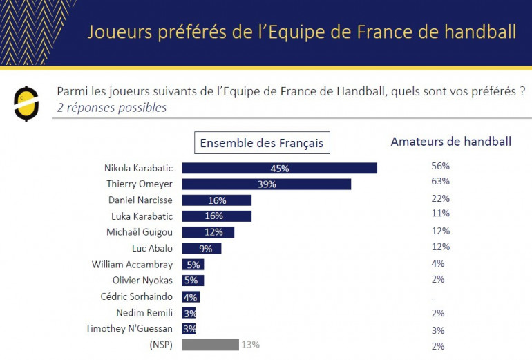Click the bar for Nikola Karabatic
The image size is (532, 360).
279,168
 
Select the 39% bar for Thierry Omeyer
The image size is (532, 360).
267,184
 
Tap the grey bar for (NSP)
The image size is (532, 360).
211,345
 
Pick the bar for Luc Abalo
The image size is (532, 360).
202,248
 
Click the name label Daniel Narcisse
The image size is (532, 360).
141,200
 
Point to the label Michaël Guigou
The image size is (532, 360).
140,232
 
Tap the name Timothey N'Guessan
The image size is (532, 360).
129,329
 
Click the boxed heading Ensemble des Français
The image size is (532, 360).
261,143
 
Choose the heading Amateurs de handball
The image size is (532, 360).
450,142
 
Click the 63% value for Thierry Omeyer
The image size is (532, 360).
440,182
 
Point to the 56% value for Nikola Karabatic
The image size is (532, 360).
440,166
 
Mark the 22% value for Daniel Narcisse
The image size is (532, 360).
440,198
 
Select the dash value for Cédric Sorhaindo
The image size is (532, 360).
432,298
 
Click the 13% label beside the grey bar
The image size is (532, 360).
250,345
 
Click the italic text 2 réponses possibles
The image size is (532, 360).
111,108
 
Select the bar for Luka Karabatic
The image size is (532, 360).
217,216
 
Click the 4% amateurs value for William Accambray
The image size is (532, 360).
437,263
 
